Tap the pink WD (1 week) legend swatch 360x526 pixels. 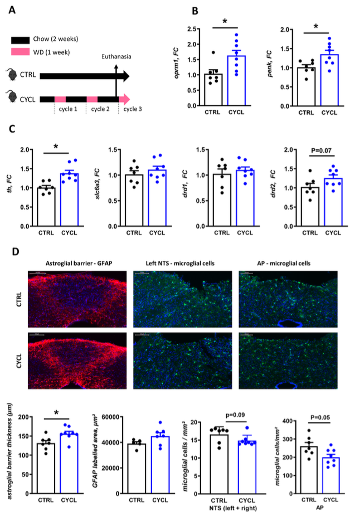(x=23, y=51)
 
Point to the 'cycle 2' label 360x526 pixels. (x=101, y=109)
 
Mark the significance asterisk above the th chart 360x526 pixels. (x=56, y=147)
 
